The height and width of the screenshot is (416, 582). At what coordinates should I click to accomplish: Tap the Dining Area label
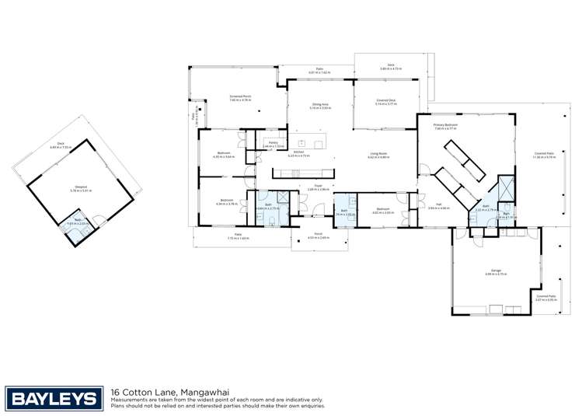[x=320, y=106]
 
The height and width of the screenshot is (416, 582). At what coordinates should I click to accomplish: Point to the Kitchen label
[x=298, y=154]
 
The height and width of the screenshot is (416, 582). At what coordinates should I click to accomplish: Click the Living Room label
[x=378, y=156]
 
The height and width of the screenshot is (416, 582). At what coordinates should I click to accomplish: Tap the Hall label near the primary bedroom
[x=439, y=207]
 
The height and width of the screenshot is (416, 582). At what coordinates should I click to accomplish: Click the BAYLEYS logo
[x=54, y=399]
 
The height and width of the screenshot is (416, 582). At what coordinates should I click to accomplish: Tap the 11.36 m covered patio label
[x=543, y=155]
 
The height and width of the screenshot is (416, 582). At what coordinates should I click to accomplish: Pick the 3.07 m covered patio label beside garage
[x=545, y=297]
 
